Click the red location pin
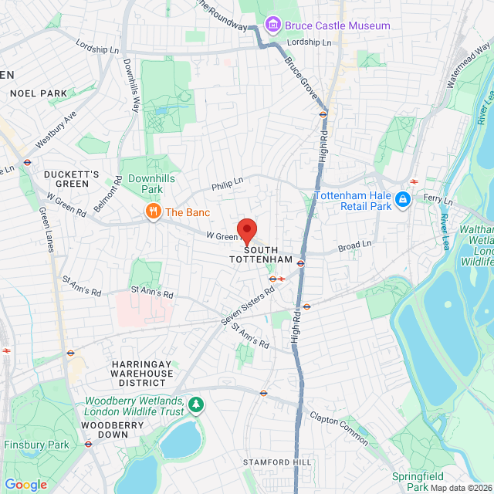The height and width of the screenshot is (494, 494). [x=246, y=230]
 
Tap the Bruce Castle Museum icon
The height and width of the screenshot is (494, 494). [x=272, y=25]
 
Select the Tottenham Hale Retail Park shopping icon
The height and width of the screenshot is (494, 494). [x=401, y=201]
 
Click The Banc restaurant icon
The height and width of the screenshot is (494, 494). [x=154, y=211]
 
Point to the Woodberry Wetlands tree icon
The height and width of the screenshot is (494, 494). [x=198, y=404]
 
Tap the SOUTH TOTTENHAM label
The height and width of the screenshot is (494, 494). [x=262, y=255]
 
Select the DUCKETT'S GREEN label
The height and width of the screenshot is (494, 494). [x=72, y=179]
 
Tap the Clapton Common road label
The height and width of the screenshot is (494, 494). [x=340, y=426]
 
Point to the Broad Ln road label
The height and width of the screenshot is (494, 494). [x=354, y=245]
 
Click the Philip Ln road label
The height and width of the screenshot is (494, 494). [x=228, y=182]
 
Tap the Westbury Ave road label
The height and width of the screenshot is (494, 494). [x=56, y=129]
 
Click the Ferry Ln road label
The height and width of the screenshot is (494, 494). [x=438, y=200]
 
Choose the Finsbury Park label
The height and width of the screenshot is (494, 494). [x=36, y=445]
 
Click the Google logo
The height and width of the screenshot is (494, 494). [x=25, y=484]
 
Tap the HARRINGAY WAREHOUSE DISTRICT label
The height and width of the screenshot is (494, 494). [x=141, y=373]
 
